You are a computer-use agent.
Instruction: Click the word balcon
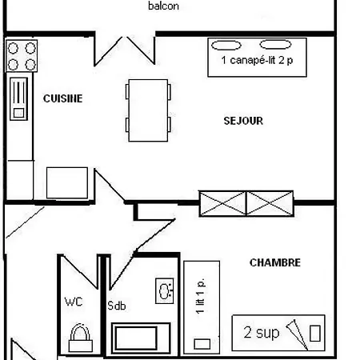pos(163,6)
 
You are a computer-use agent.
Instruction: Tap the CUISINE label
pos(62,98)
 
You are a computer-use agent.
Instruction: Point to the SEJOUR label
pos(243,121)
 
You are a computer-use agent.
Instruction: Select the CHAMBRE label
pos(275,262)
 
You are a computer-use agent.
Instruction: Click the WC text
pos(74,302)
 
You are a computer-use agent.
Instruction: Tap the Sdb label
pos(116,306)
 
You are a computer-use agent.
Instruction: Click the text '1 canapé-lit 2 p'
pos(257,60)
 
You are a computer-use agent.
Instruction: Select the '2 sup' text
pos(262,333)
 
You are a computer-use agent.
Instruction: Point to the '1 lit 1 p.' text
pos(200,296)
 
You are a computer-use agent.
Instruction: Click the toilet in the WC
pos(81,338)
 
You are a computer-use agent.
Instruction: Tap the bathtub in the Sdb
pos(141,338)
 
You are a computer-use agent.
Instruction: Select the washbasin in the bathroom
pos(165,291)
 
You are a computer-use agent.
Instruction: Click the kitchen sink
pos(18,99)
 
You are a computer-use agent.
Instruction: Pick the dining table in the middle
pos(148,110)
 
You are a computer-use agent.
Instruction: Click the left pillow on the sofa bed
pos(226,46)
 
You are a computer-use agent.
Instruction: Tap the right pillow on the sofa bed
pos(275,45)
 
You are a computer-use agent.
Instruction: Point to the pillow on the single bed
pos(202,344)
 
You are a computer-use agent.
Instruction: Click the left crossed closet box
pos(222,203)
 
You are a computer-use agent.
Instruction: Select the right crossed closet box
pos(270,203)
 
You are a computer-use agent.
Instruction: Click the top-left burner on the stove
pos(13,48)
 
